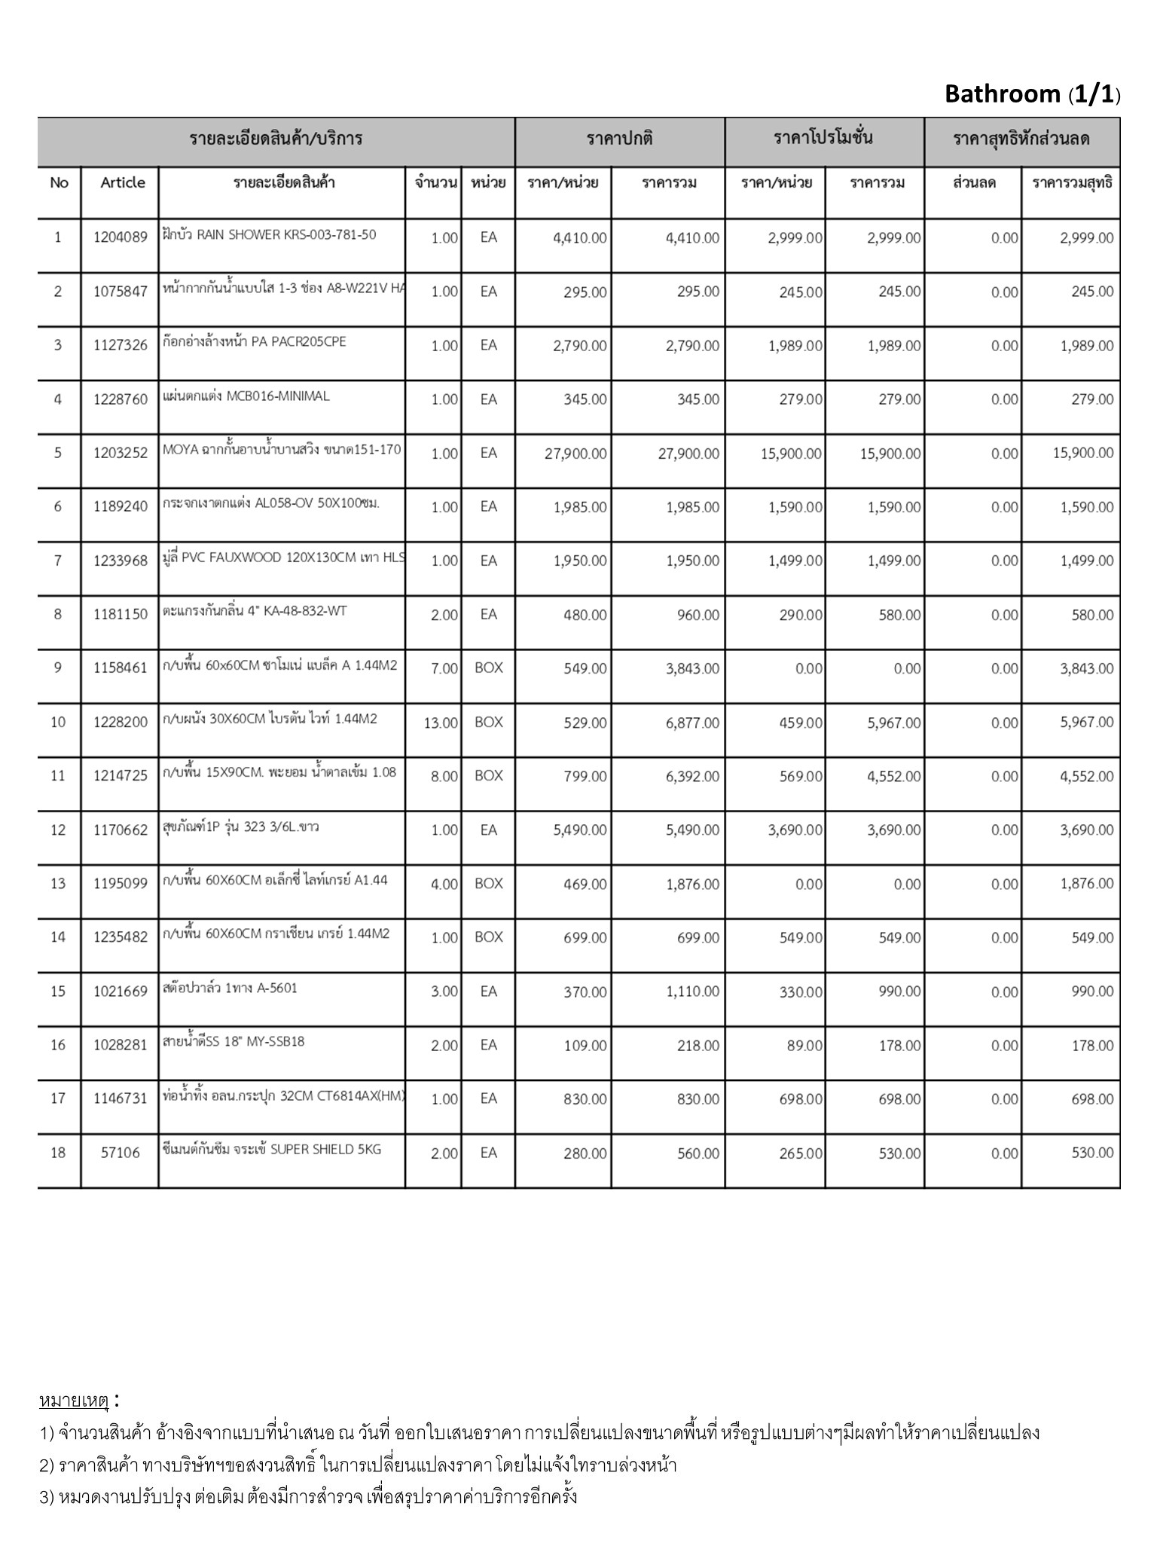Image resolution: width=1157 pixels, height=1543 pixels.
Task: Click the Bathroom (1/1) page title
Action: pos(1032,94)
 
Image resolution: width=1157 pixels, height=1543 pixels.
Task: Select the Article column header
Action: pos(122,182)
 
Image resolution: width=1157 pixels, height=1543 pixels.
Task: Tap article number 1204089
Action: pos(121,238)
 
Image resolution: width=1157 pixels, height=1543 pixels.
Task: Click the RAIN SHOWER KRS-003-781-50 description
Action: pos(269,235)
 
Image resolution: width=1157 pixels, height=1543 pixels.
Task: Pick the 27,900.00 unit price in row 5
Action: pos(575,454)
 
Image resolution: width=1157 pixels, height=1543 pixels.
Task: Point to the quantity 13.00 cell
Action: pos(441,723)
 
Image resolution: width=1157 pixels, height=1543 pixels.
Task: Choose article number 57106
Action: pos(121,1153)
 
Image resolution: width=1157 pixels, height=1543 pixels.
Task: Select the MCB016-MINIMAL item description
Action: pos(246,396)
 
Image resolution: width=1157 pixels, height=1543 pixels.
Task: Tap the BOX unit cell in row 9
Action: pos(488,668)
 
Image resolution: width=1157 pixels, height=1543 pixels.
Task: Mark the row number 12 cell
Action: pos(58,830)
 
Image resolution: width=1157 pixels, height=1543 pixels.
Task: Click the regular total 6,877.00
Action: pos(692,723)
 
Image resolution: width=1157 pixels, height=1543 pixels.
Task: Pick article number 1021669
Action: pos(121,991)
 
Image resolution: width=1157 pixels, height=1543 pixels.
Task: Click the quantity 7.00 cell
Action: pos(444,669)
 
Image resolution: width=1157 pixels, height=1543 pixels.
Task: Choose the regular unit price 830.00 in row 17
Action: pos(585,1099)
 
